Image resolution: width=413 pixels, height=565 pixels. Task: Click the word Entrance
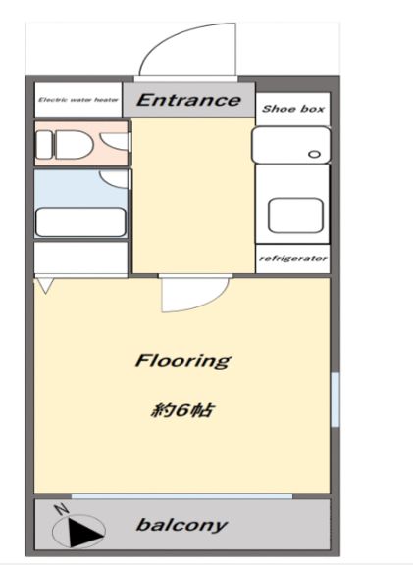click(x=188, y=100)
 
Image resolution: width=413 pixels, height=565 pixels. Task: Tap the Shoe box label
click(x=293, y=109)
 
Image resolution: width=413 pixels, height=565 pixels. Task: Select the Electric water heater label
click(x=78, y=100)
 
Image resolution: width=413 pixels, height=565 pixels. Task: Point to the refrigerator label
click(x=293, y=259)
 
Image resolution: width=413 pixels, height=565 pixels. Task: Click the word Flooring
click(x=183, y=361)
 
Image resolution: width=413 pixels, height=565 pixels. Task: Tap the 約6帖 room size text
click(x=181, y=410)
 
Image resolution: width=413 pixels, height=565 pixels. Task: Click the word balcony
click(x=181, y=525)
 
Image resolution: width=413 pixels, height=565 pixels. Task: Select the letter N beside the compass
click(x=62, y=509)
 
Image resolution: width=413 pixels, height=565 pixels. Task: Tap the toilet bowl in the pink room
click(x=74, y=145)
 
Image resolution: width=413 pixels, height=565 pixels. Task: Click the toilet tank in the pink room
click(x=44, y=145)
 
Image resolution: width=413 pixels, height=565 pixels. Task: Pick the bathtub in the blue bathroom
click(x=80, y=222)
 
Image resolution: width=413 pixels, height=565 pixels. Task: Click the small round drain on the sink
click(x=314, y=154)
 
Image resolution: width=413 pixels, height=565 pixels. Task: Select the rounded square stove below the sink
click(x=295, y=215)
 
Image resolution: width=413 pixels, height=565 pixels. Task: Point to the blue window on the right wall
click(x=336, y=400)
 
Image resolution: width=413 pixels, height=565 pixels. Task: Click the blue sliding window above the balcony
click(x=181, y=496)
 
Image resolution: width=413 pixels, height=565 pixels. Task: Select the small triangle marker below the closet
click(x=45, y=286)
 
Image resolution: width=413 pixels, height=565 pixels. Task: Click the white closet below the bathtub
click(x=80, y=258)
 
